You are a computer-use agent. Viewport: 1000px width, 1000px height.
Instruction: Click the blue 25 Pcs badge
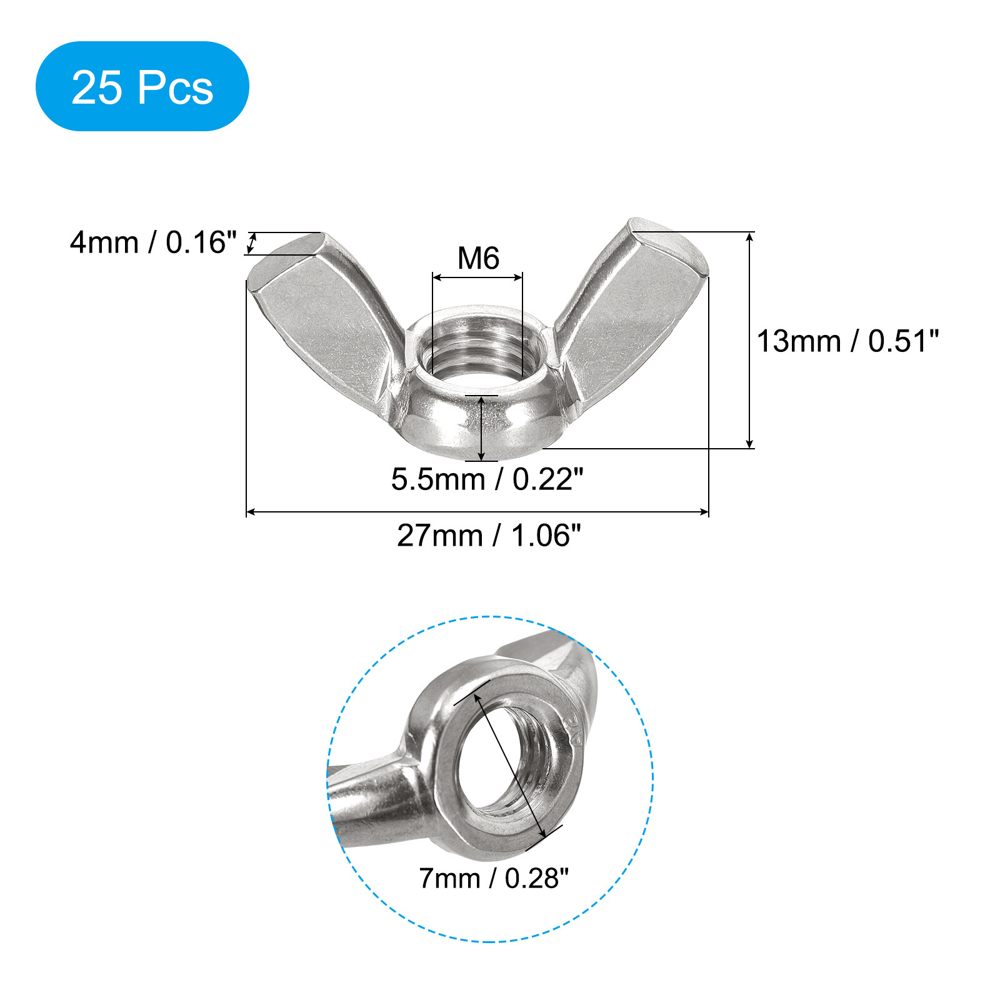[142, 86]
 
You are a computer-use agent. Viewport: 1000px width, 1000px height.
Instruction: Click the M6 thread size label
[478, 258]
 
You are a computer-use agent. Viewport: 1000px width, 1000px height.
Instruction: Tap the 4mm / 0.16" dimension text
[153, 242]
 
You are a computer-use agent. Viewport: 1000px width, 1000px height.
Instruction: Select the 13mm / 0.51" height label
[847, 341]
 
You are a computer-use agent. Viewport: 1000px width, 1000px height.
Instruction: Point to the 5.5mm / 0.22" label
[487, 479]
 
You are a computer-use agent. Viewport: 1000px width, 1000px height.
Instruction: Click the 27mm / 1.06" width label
[489, 536]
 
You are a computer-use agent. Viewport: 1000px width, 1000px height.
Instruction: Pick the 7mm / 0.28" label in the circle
[494, 878]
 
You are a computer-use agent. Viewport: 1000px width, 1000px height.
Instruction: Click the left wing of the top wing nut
[325, 312]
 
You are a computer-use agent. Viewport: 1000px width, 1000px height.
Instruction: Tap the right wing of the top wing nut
[631, 306]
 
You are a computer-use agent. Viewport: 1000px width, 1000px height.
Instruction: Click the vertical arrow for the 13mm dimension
[750, 341]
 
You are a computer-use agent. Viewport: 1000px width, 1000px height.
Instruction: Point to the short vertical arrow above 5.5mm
[481, 428]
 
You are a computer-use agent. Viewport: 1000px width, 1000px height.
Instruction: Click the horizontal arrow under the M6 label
[477, 277]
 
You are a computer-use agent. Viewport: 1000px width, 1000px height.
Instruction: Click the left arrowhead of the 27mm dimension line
[251, 512]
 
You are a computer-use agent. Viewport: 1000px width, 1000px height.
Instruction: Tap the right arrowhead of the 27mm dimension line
[704, 512]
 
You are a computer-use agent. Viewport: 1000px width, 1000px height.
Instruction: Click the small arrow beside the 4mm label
[251, 242]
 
